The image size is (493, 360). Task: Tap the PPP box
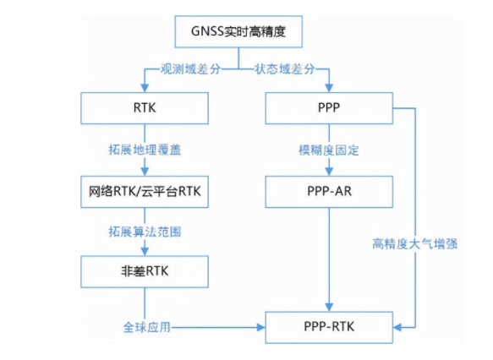[x=329, y=108]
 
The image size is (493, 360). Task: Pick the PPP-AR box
[x=329, y=192]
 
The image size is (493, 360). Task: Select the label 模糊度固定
[x=329, y=150]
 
